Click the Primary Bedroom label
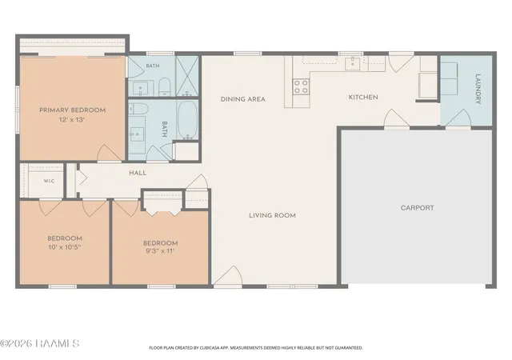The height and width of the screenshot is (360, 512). point(73,110)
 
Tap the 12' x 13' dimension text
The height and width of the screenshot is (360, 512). point(72,119)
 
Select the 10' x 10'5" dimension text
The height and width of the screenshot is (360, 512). point(65,247)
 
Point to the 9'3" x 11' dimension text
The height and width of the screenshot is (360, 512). point(160,251)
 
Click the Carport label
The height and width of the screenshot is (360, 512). point(418,208)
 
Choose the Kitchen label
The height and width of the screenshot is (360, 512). point(363,97)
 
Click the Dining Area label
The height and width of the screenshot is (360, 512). point(243,99)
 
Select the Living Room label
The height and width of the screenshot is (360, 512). point(272,215)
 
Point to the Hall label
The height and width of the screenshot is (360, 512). point(138,173)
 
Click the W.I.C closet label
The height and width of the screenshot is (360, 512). point(49,181)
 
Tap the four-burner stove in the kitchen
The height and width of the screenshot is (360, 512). point(301,86)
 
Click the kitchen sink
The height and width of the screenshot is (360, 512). point(352,63)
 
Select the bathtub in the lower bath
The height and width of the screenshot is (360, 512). point(188,119)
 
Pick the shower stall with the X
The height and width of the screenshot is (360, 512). point(187,77)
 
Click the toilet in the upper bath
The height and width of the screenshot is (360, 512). point(164,87)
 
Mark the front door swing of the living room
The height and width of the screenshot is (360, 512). point(229,275)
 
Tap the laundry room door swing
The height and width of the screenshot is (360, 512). point(458,118)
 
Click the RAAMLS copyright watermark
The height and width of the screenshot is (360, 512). point(39,343)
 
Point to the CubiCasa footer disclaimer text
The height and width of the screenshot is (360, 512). point(256,348)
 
